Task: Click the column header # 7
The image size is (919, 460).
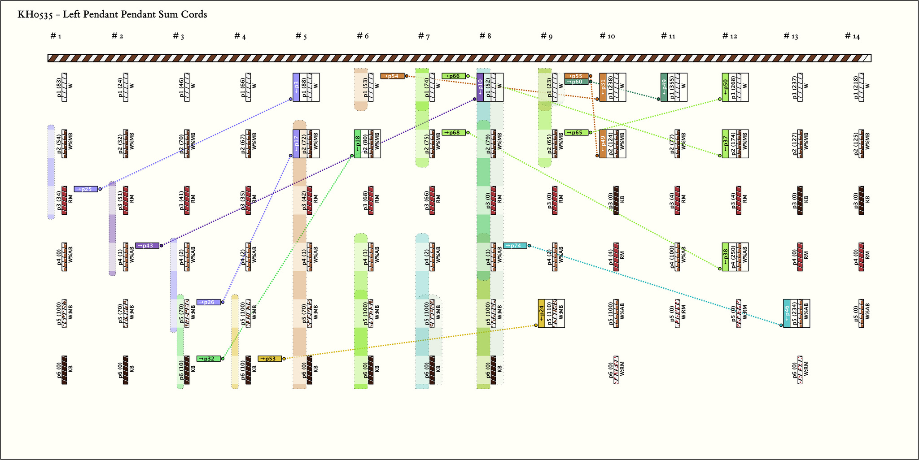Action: tap(424, 36)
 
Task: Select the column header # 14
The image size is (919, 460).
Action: tap(852, 36)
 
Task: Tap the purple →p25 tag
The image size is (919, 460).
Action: tap(86, 189)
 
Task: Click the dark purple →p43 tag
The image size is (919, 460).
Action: tap(147, 246)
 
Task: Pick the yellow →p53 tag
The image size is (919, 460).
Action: tap(270, 359)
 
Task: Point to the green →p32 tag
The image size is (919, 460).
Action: tap(209, 359)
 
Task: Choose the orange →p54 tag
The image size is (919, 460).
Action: tap(392, 76)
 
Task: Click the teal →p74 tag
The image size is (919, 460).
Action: tap(515, 246)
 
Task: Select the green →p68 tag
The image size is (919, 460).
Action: tap(454, 133)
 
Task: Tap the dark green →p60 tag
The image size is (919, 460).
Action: tap(576, 82)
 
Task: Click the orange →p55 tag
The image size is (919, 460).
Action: tap(576, 76)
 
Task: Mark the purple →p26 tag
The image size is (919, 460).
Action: tap(209, 302)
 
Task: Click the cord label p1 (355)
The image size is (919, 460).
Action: tap(671, 87)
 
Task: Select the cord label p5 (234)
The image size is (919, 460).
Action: tap(794, 313)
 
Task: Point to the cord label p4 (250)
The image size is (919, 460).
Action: tap(733, 257)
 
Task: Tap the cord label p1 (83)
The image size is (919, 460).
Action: tap(59, 87)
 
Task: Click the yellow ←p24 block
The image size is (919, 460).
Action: tap(542, 313)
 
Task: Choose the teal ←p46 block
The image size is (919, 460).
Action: tap(787, 313)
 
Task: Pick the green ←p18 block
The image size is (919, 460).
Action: tap(358, 144)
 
